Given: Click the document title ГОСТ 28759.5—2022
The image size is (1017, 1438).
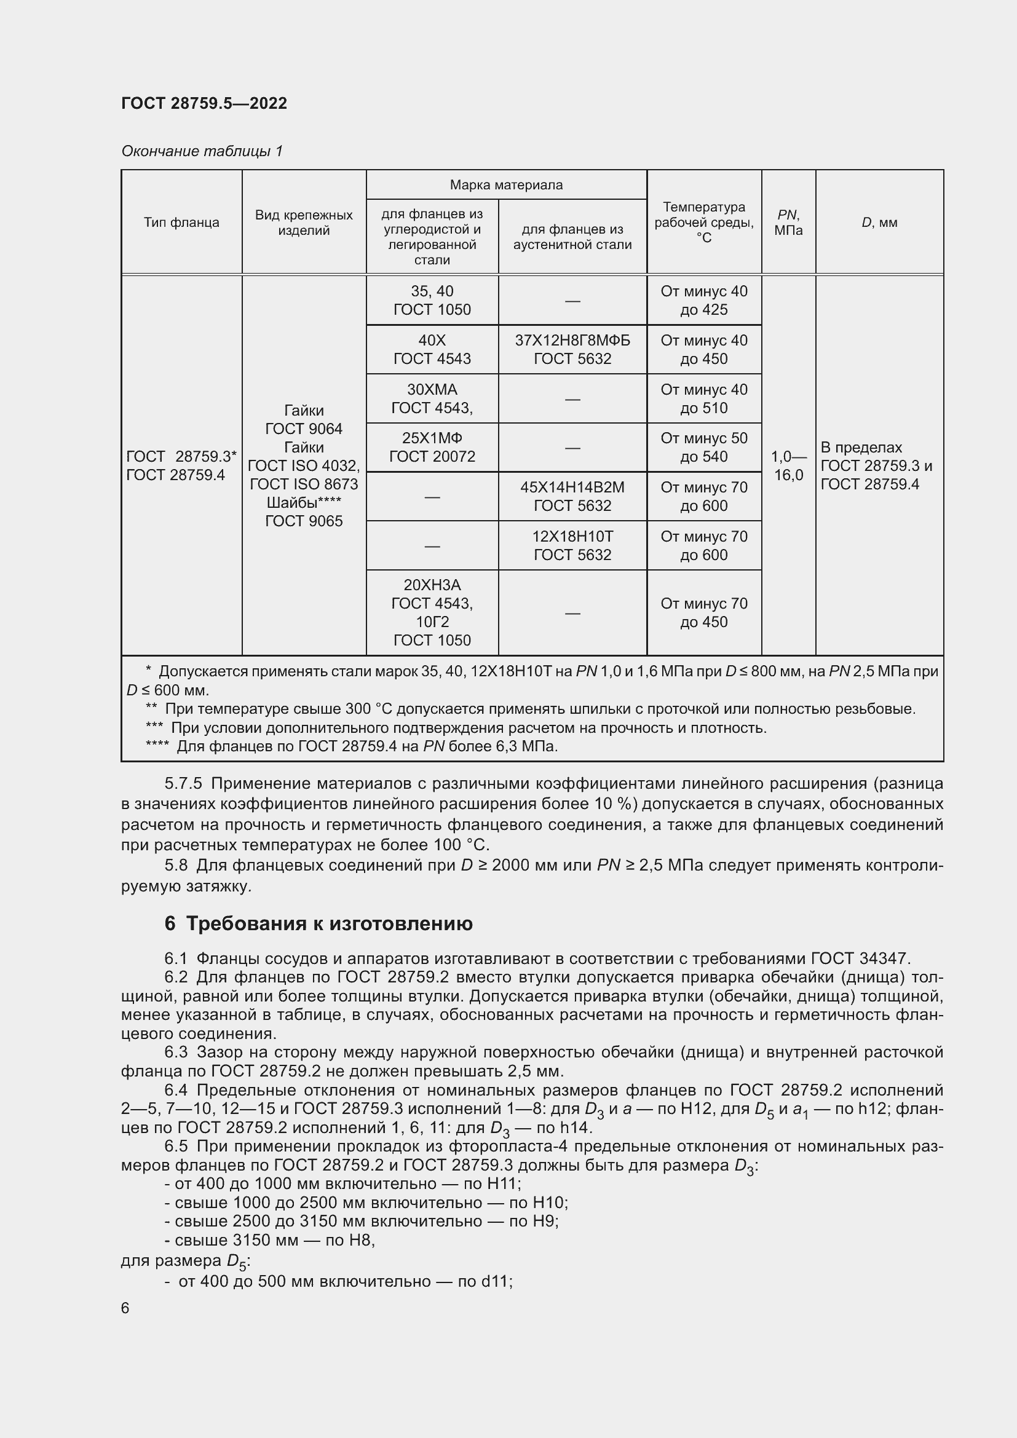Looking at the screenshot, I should (x=204, y=103).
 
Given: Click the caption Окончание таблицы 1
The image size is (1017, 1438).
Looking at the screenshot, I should (x=202, y=151).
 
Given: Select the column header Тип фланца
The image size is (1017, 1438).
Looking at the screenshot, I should (x=181, y=223).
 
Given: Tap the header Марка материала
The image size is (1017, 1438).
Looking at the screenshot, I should (x=506, y=185).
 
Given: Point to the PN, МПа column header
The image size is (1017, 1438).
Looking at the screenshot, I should (x=788, y=223).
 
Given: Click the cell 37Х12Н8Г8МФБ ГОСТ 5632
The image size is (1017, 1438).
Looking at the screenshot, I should (x=572, y=349).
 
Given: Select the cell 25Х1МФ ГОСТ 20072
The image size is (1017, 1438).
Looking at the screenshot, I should (x=432, y=447).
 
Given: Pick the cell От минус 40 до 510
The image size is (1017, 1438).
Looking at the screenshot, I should (x=703, y=398).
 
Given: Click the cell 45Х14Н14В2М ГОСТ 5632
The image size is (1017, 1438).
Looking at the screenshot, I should (x=572, y=496).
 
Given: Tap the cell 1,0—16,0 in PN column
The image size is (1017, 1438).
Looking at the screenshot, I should (x=788, y=465).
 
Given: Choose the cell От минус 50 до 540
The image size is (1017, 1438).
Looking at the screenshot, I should (x=703, y=447).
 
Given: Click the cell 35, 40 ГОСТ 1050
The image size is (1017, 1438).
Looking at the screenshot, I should (x=432, y=300).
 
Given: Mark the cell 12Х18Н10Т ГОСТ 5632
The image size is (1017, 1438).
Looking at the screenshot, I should (x=572, y=545).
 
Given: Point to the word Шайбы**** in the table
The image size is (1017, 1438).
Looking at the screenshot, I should (x=304, y=502).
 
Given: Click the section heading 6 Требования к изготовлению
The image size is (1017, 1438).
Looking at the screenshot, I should (x=319, y=924).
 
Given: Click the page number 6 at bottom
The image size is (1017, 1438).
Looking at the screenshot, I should (x=125, y=1308).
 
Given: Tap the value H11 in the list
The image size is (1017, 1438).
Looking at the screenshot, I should (x=505, y=1183).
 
